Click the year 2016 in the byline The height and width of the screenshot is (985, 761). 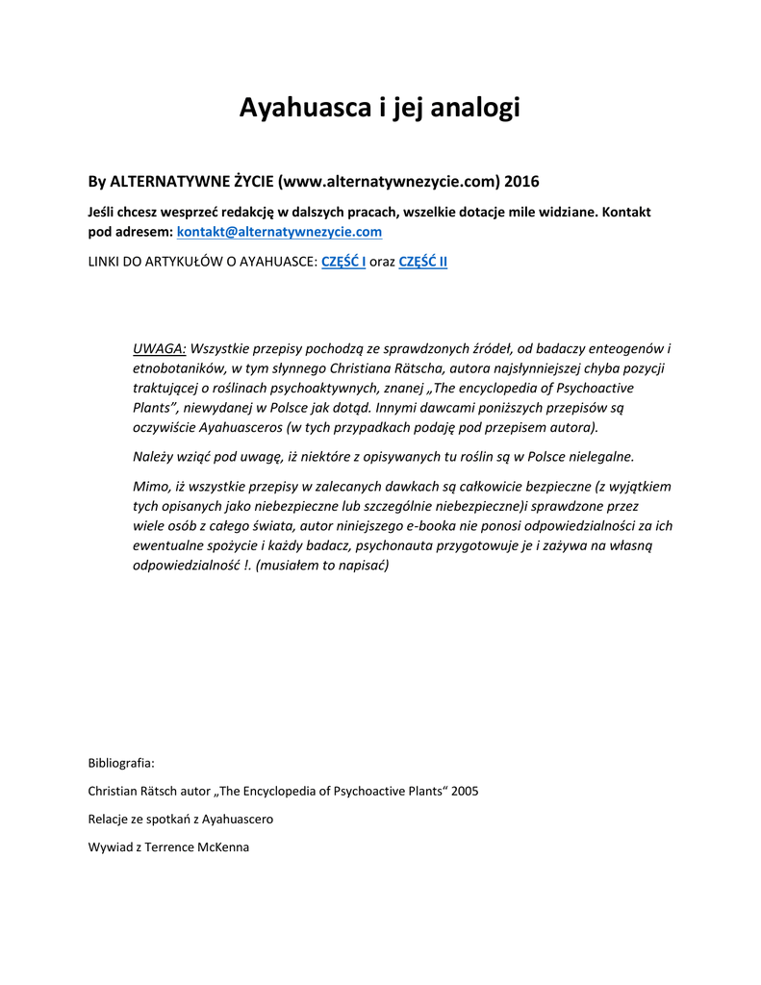[522, 181]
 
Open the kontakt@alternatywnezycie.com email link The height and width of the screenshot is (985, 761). [279, 232]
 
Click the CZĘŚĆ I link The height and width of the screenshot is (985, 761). [342, 263]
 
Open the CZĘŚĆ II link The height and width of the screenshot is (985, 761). [422, 263]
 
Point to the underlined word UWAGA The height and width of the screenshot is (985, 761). [159, 348]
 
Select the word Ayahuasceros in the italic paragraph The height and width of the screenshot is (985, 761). [240, 427]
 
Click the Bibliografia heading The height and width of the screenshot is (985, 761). [120, 763]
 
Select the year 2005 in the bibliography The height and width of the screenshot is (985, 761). [462, 791]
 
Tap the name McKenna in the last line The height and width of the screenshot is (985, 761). [220, 847]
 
